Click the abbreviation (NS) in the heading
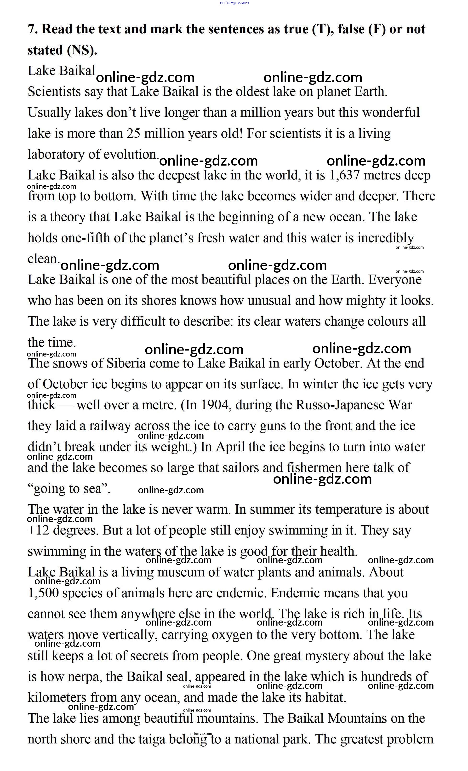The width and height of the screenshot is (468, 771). click(82, 50)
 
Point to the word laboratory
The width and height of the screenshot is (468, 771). click(56, 155)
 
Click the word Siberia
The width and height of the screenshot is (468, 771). click(126, 363)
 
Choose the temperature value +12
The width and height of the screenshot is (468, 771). click(39, 530)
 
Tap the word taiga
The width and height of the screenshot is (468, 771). click(151, 739)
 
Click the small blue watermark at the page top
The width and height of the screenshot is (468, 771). click(234, 3)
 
